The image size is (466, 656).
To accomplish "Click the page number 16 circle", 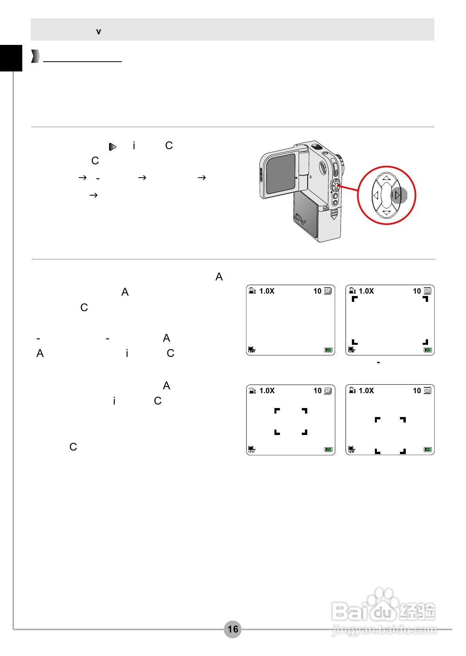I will click(x=233, y=629).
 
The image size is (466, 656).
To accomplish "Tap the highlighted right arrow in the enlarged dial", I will click(x=398, y=195).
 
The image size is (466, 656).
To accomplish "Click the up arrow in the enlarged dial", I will click(x=386, y=178).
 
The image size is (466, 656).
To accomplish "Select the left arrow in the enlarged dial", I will click(x=376, y=195).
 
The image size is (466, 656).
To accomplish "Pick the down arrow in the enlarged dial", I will click(x=386, y=213).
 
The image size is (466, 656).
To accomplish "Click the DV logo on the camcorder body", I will click(x=300, y=219).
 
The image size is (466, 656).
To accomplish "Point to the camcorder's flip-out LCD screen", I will click(x=280, y=173).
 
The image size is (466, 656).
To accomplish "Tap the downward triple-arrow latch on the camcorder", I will click(x=333, y=214).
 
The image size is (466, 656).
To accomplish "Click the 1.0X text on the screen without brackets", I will click(x=267, y=291).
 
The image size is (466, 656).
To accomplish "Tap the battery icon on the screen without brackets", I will click(x=328, y=350).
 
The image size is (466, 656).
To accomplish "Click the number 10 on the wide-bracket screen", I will click(x=417, y=291).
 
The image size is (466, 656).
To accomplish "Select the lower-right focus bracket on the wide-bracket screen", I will click(x=426, y=342).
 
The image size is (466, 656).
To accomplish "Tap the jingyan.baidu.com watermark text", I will click(x=384, y=629).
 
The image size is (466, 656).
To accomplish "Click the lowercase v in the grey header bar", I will click(x=99, y=32).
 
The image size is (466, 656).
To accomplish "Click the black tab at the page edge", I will click(x=11, y=58).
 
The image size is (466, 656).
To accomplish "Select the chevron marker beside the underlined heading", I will click(x=35, y=56).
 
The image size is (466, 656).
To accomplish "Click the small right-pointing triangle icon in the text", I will click(x=113, y=147).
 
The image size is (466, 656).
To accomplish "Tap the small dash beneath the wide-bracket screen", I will click(x=378, y=363).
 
